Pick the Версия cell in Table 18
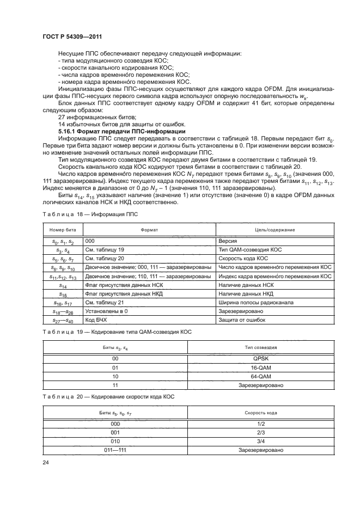(x=227, y=240)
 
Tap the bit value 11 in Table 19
(x=115, y=385)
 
